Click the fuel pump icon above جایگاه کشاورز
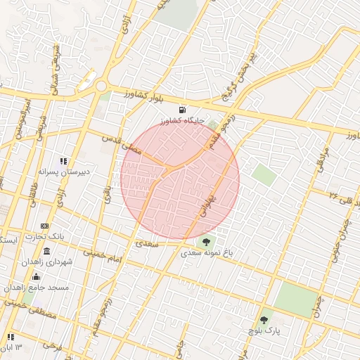click(x=183, y=110)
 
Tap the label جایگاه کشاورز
click(x=183, y=121)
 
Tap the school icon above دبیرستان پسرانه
click(x=64, y=160)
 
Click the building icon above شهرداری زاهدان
click(x=46, y=252)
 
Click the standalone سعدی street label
click(x=147, y=244)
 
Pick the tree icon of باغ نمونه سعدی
click(x=206, y=243)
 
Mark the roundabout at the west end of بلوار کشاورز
click(x=101, y=86)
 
